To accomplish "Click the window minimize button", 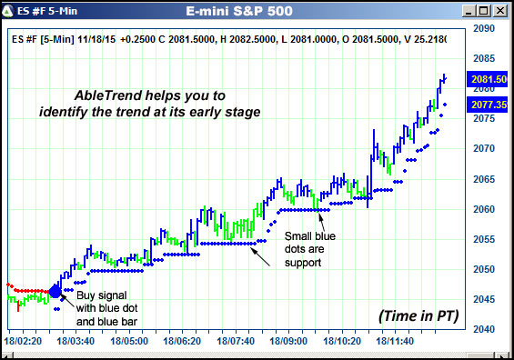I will pyautogui.click(x=469, y=11).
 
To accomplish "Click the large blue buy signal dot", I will pyautogui.click(x=55, y=291).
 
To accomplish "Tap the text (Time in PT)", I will pyautogui.click(x=418, y=315).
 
